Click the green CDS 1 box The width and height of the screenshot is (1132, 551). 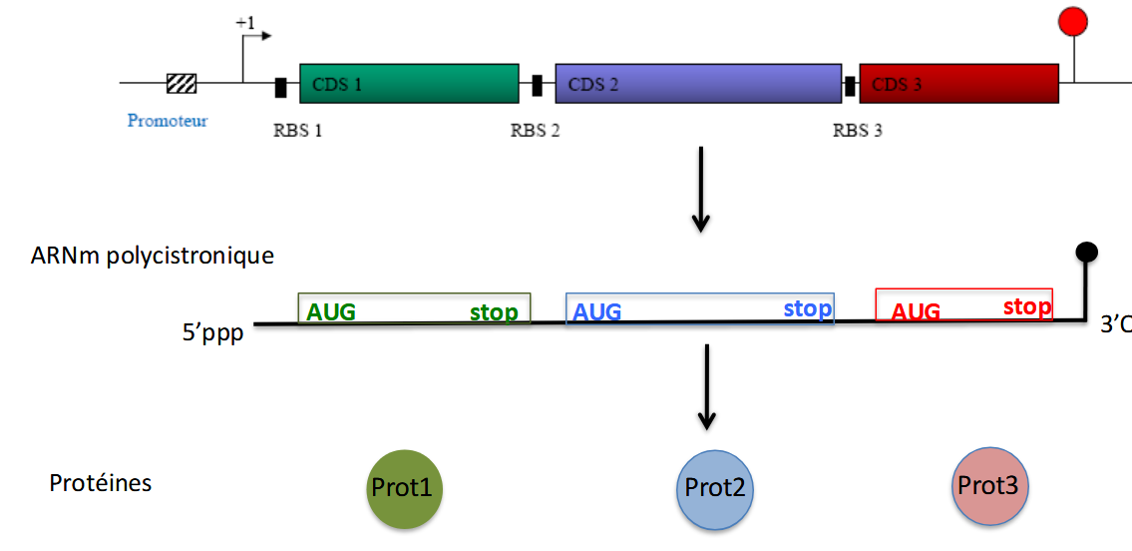pos(409,84)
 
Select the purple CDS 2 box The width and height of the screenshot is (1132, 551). pos(698,84)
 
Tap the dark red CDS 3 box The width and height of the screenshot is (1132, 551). pos(958,84)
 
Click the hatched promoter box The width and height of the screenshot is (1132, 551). pos(182,84)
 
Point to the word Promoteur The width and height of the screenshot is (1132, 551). pos(168,121)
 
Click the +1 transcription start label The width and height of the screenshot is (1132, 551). pos(245,21)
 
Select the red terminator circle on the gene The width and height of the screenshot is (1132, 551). pos(1073,21)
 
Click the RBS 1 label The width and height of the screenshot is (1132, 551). pos(297,130)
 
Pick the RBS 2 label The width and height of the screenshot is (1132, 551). pos(535,130)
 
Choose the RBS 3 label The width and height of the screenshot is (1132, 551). pos(858,130)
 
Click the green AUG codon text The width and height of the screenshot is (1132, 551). pos(331,312)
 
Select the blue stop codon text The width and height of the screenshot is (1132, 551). pos(808,308)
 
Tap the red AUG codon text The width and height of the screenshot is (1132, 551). pos(916,312)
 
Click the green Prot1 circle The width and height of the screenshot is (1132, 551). pos(404,488)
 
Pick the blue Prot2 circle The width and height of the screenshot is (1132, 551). pos(715,489)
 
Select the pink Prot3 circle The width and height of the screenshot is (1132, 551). pos(988,486)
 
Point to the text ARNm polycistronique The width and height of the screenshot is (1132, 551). pos(153,256)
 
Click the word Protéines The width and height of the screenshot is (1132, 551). pos(101,484)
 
